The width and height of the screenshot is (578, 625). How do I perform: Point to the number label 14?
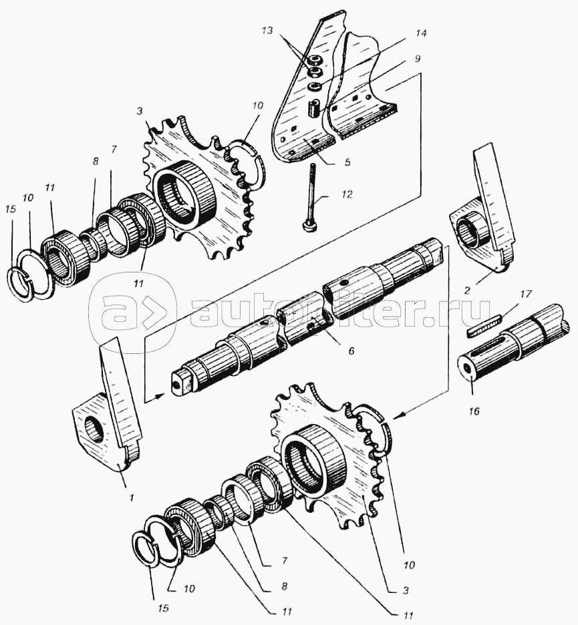[420, 33]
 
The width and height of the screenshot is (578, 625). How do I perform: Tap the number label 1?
[132, 497]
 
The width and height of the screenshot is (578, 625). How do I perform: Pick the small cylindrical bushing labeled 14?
[312, 108]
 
